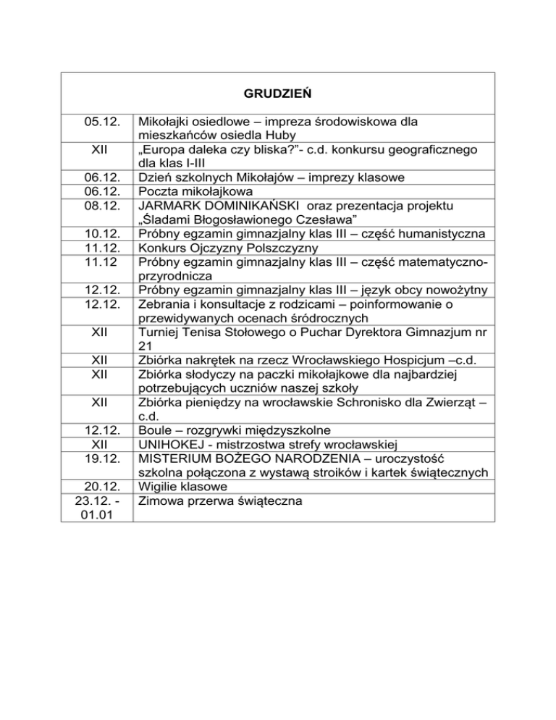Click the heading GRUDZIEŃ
point(278,94)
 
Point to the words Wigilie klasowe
point(184,487)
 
